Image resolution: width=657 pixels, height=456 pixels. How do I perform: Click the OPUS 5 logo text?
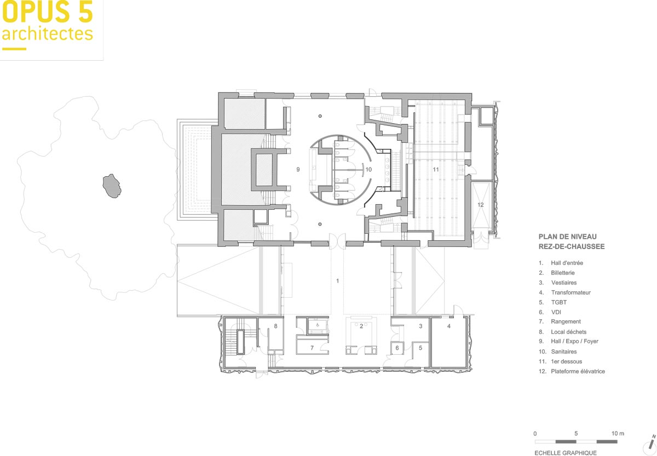tap(48, 11)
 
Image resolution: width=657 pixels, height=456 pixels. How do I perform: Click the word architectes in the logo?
tap(48, 34)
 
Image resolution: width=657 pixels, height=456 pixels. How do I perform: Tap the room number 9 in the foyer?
tap(298, 170)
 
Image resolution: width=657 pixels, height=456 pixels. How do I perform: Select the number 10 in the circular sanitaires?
tap(368, 170)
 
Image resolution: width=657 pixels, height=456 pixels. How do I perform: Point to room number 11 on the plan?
tap(436, 170)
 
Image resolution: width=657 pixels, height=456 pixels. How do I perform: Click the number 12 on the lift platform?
tap(481, 205)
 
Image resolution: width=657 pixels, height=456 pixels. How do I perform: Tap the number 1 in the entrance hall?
tap(338, 281)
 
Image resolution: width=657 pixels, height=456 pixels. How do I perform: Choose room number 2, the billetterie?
tap(361, 326)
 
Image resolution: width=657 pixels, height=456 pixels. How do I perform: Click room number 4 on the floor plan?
tap(449, 326)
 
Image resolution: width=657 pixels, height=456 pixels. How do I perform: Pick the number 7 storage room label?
tap(312, 348)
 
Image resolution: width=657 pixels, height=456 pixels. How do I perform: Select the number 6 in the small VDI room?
tap(397, 348)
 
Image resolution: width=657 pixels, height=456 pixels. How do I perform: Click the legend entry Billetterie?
tap(563, 273)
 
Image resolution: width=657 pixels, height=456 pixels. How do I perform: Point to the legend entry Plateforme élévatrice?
tap(578, 371)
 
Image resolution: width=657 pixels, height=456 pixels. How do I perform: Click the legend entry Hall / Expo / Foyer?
tap(574, 342)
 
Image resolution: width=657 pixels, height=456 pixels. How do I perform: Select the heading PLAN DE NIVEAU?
tap(568, 236)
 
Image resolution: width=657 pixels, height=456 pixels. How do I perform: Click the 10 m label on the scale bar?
tap(618, 433)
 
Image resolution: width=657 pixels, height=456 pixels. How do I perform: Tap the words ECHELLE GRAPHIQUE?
tap(566, 453)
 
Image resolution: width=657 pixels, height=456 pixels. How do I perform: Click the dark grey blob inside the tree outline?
tap(112, 186)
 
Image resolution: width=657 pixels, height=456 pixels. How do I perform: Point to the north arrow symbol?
tap(650, 445)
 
